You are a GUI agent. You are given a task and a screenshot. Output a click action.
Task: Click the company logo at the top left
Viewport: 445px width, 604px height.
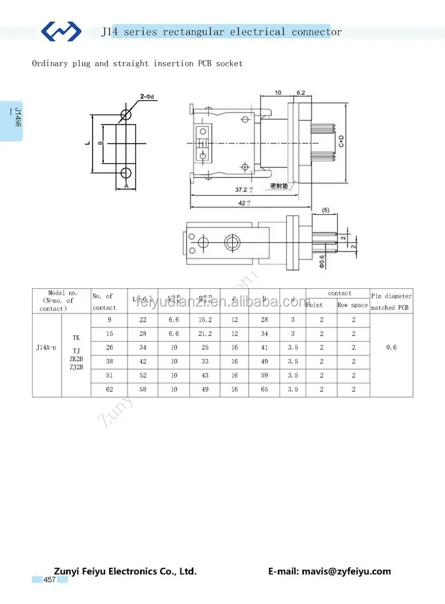click(61, 30)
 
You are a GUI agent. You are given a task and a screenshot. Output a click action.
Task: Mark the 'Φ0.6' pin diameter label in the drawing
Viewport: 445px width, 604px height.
click(322, 261)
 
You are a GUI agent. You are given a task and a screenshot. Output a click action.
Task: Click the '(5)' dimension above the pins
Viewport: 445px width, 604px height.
click(325, 211)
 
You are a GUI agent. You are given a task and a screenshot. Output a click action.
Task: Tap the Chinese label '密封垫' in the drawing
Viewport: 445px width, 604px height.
click(279, 186)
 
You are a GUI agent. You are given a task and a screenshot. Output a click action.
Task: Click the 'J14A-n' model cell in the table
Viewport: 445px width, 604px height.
click(46, 348)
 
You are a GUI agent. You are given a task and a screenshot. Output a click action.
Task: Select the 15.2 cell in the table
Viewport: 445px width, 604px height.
click(205, 320)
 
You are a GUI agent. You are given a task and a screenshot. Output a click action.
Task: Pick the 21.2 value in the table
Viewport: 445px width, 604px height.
click(205, 334)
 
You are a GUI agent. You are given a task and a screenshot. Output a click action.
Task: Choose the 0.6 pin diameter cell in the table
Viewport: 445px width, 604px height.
click(391, 348)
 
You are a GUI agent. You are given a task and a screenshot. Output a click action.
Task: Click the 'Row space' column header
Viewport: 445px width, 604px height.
click(352, 305)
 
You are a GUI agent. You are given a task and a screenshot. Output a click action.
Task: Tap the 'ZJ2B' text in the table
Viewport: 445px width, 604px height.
click(76, 367)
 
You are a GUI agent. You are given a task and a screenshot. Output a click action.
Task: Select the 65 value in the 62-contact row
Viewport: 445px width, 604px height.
click(264, 389)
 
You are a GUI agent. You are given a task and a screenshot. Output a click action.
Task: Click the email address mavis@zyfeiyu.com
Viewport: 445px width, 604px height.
click(329, 571)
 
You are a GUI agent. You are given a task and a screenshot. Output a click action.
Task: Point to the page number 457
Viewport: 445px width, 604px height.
click(49, 580)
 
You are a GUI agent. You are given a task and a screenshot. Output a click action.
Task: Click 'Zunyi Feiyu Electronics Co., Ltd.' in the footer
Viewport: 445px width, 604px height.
click(125, 571)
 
